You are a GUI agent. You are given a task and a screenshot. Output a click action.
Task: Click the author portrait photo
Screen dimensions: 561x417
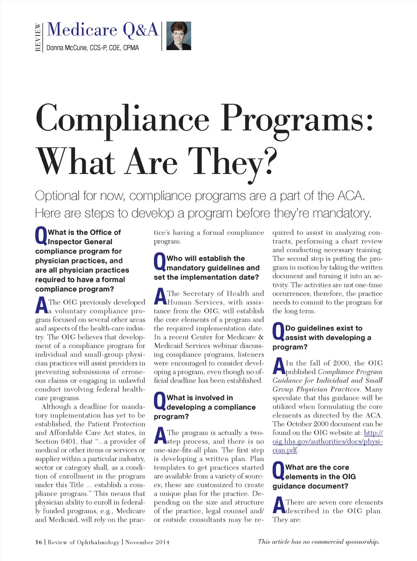pos(179,36)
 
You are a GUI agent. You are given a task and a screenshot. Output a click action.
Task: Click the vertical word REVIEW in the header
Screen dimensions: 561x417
pos(38,37)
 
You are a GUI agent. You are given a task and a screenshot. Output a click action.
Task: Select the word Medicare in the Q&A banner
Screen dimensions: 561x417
pos(82,30)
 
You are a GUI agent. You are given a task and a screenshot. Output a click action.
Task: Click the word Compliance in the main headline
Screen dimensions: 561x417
pos(122,119)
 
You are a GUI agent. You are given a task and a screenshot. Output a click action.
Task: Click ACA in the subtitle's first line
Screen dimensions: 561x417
pos(351,196)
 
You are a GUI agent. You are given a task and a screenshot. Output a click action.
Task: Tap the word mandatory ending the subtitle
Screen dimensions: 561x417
pos(341,213)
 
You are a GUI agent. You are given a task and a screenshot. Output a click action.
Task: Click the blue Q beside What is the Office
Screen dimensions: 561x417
pos(41,236)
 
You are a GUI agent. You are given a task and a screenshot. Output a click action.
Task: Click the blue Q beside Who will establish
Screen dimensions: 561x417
pos(160,262)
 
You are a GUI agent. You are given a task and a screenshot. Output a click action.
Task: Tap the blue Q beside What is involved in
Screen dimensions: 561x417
pos(160,401)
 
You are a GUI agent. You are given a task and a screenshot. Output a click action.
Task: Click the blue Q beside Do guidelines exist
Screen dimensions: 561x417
pos(278,332)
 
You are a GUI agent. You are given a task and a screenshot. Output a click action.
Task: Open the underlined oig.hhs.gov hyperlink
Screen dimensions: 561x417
pos(327,442)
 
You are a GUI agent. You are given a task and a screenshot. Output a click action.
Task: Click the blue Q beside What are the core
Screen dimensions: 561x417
pos(278,471)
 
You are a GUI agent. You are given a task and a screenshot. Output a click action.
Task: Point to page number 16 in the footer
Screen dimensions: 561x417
pos(39,542)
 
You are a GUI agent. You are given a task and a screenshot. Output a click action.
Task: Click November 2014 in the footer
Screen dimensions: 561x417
pos(147,542)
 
